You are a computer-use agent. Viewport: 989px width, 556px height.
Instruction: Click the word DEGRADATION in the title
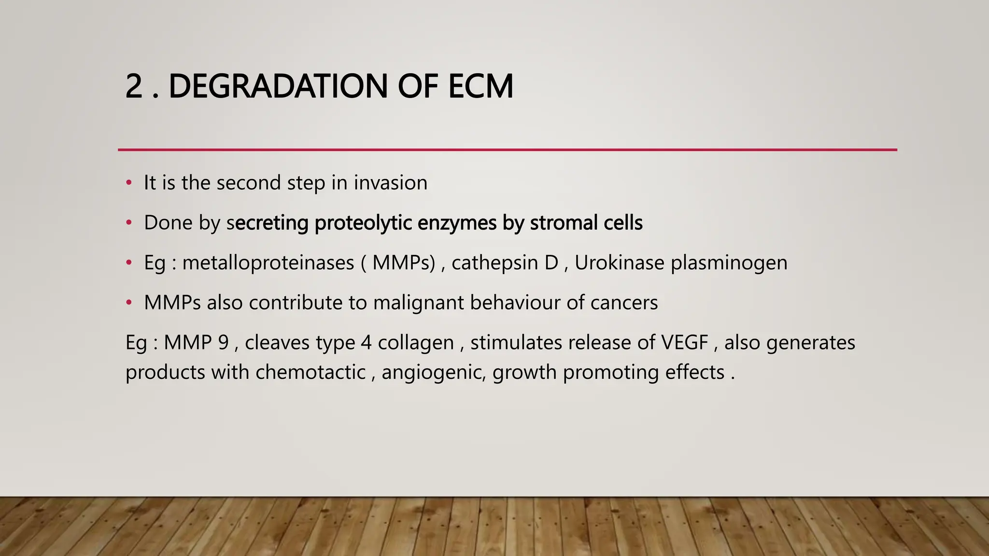tap(277, 87)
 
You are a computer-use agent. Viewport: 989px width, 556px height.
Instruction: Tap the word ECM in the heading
tap(480, 87)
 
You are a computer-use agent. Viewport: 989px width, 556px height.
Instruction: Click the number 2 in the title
tap(134, 87)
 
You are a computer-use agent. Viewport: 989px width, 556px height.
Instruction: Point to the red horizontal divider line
tap(507, 150)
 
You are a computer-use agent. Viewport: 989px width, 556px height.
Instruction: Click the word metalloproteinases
tap(268, 263)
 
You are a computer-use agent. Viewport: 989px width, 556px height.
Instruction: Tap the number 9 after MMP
tap(223, 343)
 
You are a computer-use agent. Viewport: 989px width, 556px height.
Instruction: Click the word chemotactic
tap(310, 372)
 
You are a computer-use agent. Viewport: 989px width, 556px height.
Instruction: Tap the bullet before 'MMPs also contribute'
tap(128, 303)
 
